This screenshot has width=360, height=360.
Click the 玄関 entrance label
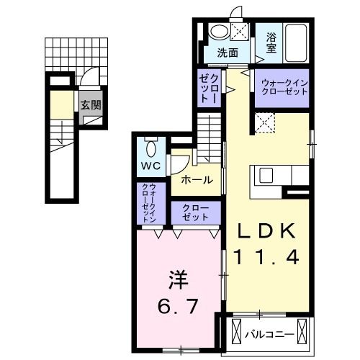pyautogui.click(x=91, y=105)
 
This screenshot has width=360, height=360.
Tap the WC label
pyautogui.click(x=150, y=166)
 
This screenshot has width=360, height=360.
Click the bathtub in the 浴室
pyautogui.click(x=296, y=42)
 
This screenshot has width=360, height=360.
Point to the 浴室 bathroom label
pyautogui.click(x=271, y=43)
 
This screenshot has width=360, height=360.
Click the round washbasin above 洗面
pyautogui.click(x=219, y=32)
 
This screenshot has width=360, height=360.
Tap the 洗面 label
pyautogui.click(x=228, y=53)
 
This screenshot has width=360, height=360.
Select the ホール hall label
pyautogui.click(x=197, y=180)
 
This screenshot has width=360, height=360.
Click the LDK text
pyautogui.click(x=266, y=231)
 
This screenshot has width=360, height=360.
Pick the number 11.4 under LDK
pyautogui.click(x=266, y=257)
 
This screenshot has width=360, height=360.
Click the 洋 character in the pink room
pyautogui.click(x=178, y=280)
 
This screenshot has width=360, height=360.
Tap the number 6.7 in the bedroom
pyautogui.click(x=178, y=306)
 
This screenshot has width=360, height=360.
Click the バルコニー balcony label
pyautogui.click(x=269, y=335)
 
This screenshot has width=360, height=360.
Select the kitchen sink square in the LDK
pyautogui.click(x=266, y=175)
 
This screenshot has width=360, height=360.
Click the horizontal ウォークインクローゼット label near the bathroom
pyautogui.click(x=284, y=88)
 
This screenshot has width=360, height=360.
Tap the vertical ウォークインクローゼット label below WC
pyautogui.click(x=149, y=203)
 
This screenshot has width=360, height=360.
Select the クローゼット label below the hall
pyautogui.click(x=195, y=212)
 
